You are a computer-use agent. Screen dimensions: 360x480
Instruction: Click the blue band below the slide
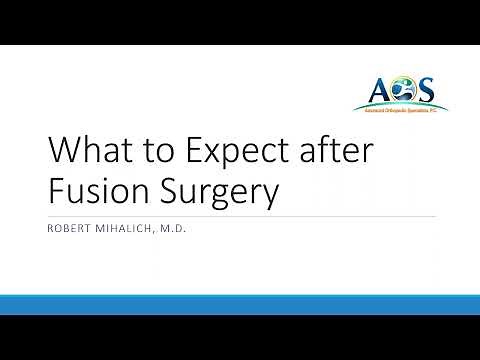(x=240, y=304)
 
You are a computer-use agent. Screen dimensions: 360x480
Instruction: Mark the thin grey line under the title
(x=240, y=215)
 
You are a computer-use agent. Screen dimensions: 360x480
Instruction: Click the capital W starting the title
(x=63, y=151)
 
